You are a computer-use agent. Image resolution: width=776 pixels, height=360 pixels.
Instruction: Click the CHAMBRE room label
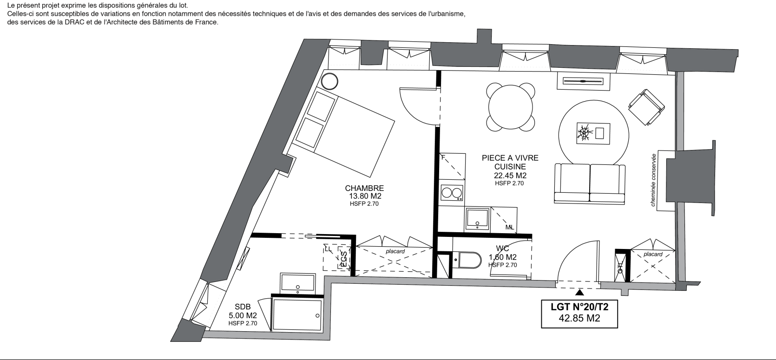pos(364,188)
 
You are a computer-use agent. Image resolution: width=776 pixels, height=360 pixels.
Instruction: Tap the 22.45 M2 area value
pos(510,176)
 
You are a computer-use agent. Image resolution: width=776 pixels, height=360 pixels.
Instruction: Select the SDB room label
pos(243,307)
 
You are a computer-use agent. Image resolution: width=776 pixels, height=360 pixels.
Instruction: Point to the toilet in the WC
pos(467,260)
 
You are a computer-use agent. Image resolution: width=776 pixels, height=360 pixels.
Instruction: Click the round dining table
pos(510,107)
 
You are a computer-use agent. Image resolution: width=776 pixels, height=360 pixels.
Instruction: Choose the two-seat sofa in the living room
pos(590,183)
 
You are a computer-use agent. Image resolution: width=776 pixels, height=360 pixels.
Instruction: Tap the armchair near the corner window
pos(646,107)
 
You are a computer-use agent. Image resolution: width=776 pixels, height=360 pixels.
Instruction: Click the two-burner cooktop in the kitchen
pos(452,193)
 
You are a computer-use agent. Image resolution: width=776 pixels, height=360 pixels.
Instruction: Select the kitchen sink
pos(478,219)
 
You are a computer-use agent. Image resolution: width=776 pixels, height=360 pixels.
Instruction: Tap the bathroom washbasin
pos(298,283)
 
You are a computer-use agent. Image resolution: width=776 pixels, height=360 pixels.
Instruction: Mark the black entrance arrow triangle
pos(579,293)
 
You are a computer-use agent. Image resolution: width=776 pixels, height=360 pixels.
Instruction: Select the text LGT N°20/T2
pos(579,307)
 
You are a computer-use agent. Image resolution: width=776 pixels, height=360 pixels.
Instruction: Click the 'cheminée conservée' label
pos(653,180)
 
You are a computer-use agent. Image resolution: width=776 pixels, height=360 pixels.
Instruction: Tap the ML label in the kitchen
pos(510,228)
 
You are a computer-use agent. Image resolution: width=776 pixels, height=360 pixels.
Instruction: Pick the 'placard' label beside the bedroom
pos(395,251)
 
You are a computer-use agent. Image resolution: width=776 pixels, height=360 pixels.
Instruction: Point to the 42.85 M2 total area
pos(579,318)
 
